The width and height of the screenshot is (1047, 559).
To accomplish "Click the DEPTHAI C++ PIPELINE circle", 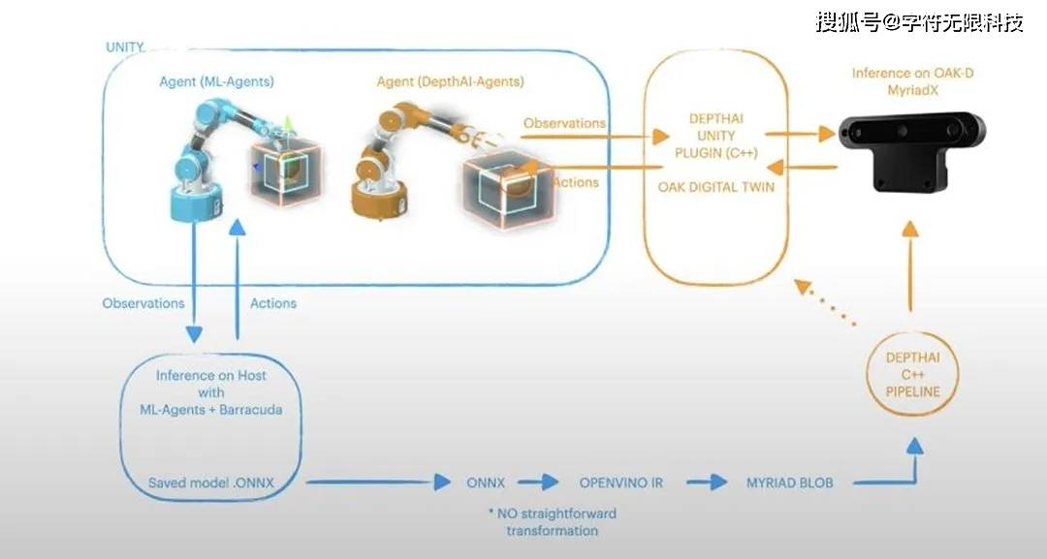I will click(913, 375).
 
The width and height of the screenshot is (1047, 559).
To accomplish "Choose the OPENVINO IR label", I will click(621, 482).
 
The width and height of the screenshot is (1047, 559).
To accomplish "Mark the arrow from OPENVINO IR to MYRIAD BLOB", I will click(705, 482).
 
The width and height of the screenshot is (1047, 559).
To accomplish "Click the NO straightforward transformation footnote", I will click(552, 521).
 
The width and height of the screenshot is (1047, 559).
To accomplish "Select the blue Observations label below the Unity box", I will click(143, 303).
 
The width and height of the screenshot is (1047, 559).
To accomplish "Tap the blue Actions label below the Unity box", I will click(273, 303).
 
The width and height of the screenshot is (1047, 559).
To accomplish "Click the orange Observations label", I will click(564, 123).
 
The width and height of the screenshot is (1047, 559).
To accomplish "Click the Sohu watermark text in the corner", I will click(919, 21).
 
